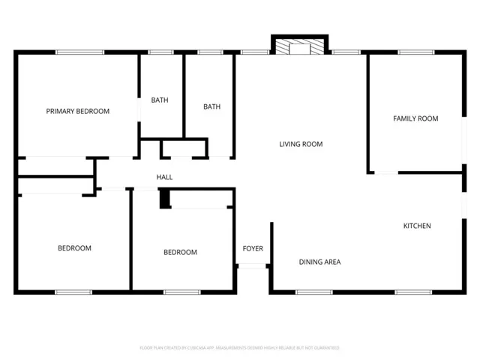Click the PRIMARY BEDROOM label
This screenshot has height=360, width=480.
point(77,111)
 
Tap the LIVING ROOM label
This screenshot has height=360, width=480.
point(301,144)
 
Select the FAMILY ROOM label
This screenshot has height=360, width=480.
point(415,118)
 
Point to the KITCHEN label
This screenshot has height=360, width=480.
point(417,226)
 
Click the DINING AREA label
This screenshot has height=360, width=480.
point(319,262)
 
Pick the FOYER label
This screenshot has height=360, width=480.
point(253,248)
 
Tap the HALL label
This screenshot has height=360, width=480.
point(164,177)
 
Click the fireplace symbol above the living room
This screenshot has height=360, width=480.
point(300,48)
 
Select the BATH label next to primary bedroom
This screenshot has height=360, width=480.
point(160,100)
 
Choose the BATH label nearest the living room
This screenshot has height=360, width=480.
point(211,106)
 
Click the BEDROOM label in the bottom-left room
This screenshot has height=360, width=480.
point(74,248)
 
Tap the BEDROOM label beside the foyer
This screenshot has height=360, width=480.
point(180,252)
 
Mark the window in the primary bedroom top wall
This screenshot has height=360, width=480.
point(79,52)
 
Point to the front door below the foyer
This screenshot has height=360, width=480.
point(253,266)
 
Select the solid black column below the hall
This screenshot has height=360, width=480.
point(164,198)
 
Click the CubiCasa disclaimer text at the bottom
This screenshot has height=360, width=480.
point(240,348)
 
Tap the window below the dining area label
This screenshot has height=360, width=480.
point(313,292)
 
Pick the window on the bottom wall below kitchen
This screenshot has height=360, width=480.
point(413,292)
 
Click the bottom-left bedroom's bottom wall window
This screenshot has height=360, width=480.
point(73,292)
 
